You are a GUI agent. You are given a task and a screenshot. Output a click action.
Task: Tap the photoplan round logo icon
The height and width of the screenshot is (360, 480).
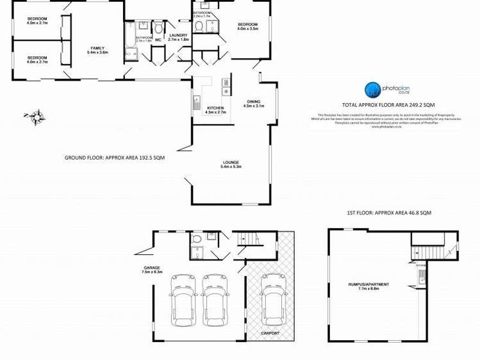click(373, 89)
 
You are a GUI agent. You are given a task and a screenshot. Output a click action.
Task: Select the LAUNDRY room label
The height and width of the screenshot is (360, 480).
click(178, 35)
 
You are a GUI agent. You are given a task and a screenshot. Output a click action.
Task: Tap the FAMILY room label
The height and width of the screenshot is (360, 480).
click(97, 48)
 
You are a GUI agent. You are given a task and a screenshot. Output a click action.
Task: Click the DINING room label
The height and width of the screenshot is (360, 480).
click(254, 102)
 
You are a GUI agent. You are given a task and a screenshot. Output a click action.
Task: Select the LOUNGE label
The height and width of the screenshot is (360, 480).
click(230, 163)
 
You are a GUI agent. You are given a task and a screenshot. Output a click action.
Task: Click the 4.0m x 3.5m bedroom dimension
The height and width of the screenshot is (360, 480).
click(247, 29)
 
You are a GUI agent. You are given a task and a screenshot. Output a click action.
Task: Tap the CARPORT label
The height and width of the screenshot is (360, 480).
click(270, 334)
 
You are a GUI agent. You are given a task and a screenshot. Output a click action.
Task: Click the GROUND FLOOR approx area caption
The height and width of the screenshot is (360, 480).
click(115, 157)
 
